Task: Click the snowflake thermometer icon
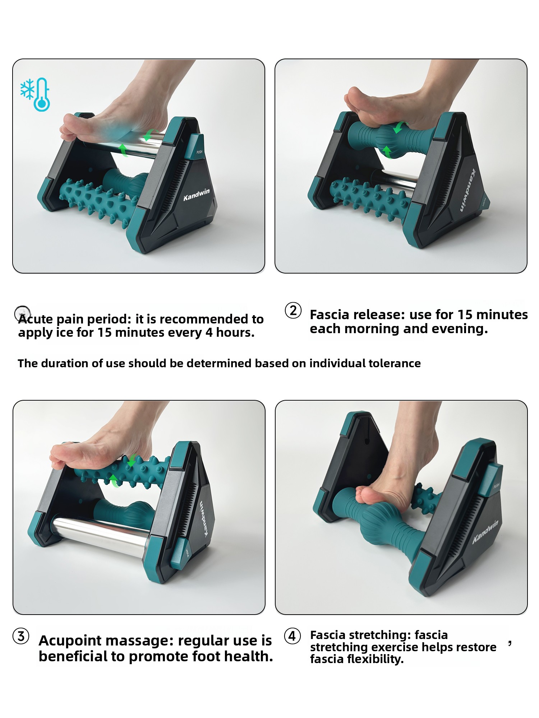coord(35,94)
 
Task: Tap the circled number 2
coord(293,311)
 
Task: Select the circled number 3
coord(21,637)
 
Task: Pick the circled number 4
coord(292,637)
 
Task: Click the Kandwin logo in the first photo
coord(196,194)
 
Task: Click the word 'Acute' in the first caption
coord(35,319)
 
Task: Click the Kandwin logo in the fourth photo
coord(485,532)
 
